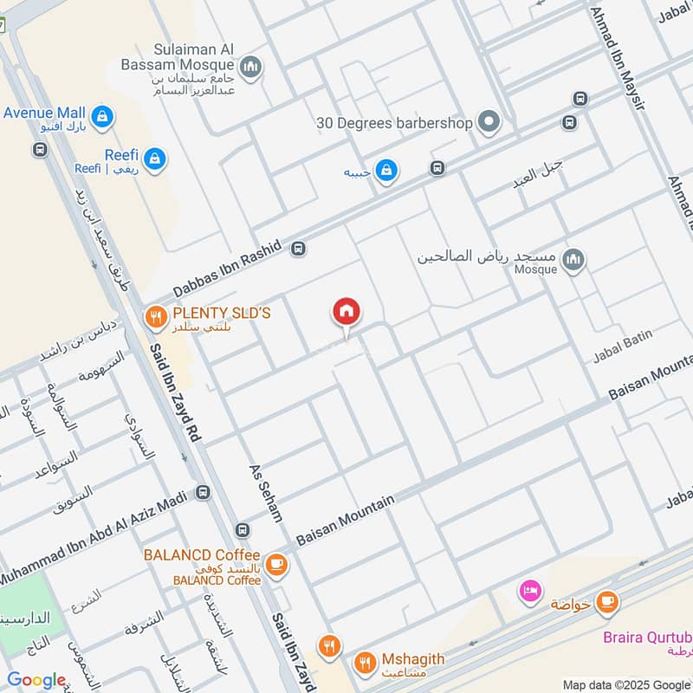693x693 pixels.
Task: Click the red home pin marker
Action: pyautogui.click(x=346, y=313)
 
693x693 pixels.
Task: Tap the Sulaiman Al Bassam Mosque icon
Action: pyautogui.click(x=251, y=67)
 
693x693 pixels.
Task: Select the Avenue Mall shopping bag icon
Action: pyautogui.click(x=102, y=115)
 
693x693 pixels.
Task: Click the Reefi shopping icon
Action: pyautogui.click(x=156, y=159)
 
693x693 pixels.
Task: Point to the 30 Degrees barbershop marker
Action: pyautogui.click(x=489, y=123)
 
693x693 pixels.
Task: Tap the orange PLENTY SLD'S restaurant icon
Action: pyautogui.click(x=156, y=317)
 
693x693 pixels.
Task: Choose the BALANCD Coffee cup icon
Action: pyautogui.click(x=276, y=565)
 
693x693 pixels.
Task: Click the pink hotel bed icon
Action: pyautogui.click(x=528, y=592)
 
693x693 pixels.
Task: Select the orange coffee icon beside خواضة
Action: pyautogui.click(x=607, y=601)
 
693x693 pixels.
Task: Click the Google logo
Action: pyautogui.click(x=36, y=681)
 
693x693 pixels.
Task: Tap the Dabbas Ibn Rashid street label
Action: pyautogui.click(x=227, y=270)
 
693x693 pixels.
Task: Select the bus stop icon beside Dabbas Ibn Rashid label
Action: pyautogui.click(x=299, y=249)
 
